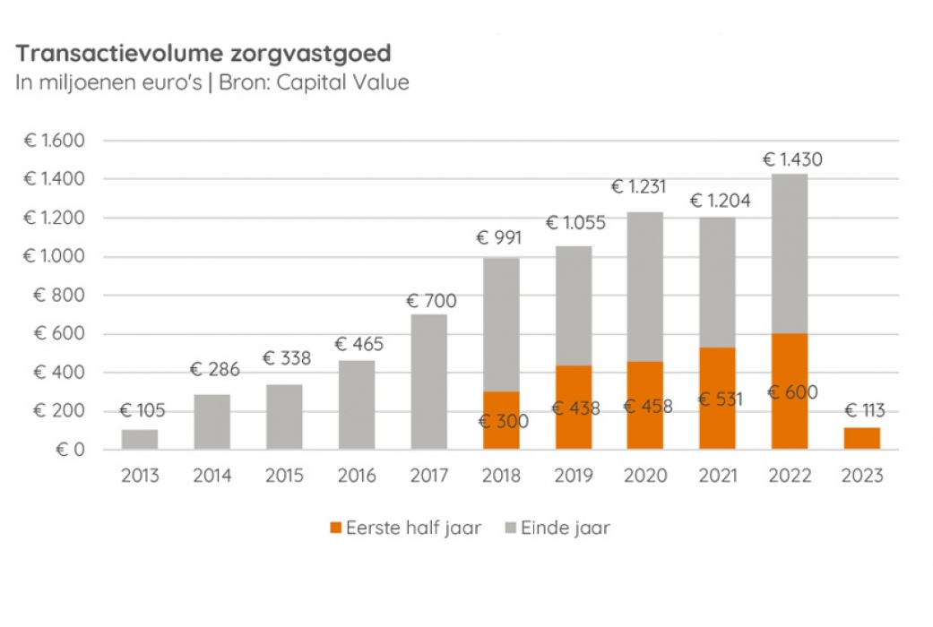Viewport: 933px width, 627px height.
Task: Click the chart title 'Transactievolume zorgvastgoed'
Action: coord(203,54)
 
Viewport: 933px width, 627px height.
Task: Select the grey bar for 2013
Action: coord(140,439)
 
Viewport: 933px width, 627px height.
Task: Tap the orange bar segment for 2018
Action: coord(501,420)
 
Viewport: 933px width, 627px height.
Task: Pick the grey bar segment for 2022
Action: coord(789,253)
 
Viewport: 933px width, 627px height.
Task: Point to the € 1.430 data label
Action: coord(791,160)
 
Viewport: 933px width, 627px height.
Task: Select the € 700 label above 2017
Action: coord(431,301)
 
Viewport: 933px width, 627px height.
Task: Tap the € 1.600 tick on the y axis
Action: coord(54,141)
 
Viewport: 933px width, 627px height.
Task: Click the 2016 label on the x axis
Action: coord(356,476)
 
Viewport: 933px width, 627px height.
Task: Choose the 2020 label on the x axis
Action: coord(644,476)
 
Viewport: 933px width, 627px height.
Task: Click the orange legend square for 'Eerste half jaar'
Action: coord(337,528)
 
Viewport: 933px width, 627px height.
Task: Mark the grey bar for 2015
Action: coord(284,417)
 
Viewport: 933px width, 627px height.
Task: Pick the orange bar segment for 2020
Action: coord(644,405)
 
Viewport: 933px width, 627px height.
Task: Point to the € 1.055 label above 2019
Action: coord(575,223)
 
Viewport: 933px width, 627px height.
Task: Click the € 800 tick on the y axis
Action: coord(59,296)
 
